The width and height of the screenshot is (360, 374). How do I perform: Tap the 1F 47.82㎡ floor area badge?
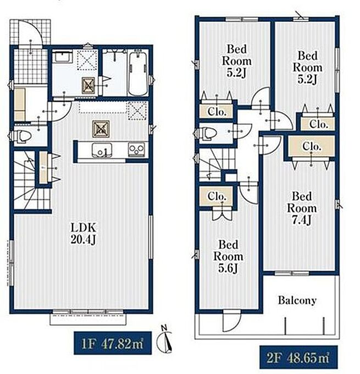pos(113,343)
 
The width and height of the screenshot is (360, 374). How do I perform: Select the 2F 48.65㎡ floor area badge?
pos(298,357)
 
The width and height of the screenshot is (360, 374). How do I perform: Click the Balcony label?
pos(297,300)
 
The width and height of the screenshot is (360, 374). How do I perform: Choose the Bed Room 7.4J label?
pos(302,208)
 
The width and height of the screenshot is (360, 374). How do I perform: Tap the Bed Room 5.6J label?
pos(228,256)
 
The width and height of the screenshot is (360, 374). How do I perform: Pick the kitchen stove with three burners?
pos(137,149)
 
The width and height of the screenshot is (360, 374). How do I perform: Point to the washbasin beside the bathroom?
pos(62,57)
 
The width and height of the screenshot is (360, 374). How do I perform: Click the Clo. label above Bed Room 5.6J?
pos(217,196)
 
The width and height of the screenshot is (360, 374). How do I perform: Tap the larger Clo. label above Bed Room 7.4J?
pos(312,146)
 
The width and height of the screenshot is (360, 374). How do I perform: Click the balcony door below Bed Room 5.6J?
pos(232,322)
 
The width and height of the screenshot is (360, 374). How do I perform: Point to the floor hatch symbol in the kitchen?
pos(101,129)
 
